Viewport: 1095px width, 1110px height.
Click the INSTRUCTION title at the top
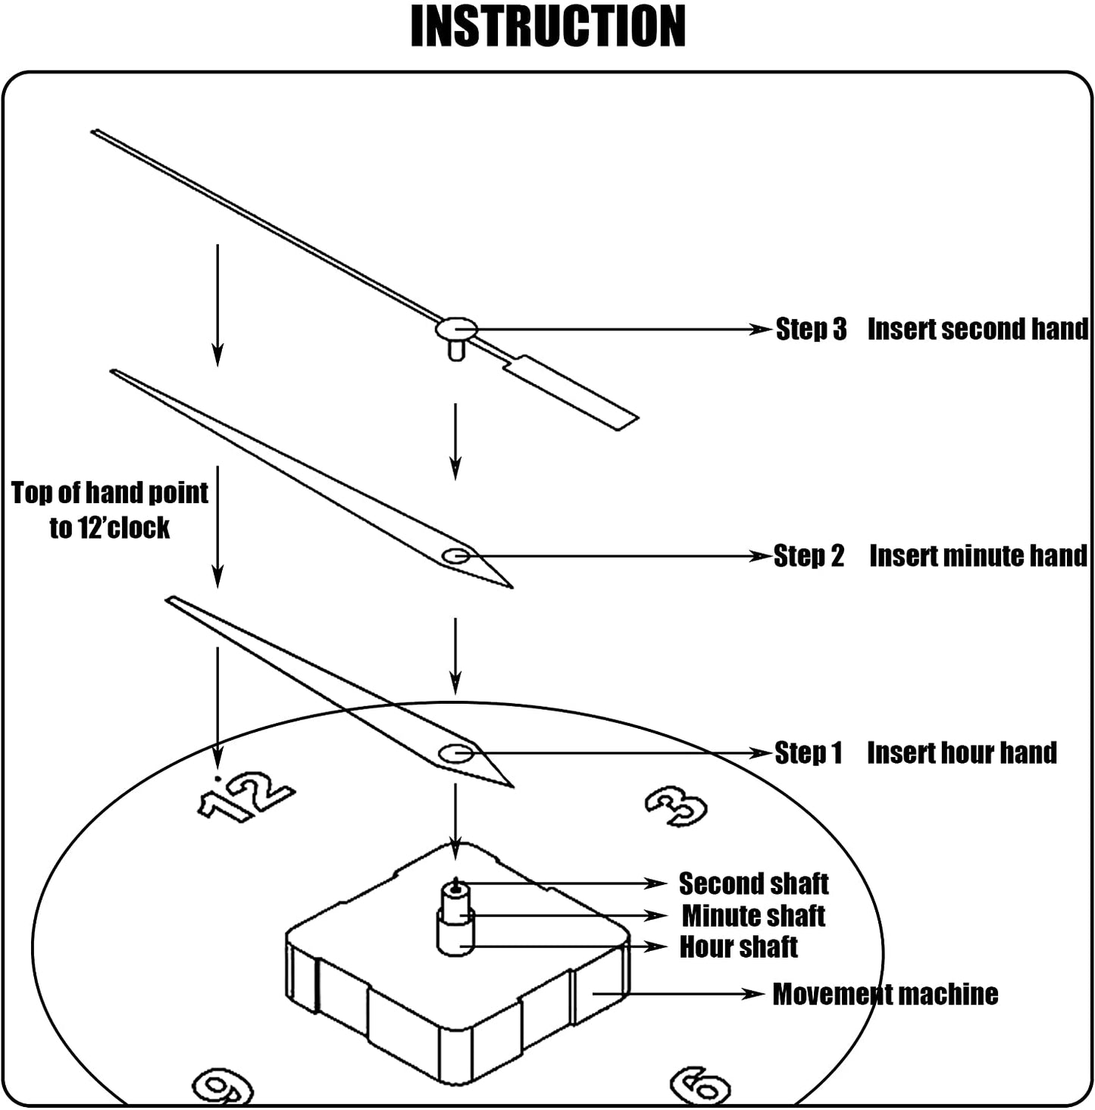[548, 27]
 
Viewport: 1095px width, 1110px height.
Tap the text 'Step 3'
[811, 330]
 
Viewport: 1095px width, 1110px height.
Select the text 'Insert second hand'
[978, 330]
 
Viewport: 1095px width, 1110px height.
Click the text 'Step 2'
[809, 556]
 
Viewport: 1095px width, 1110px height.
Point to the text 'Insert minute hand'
[978, 556]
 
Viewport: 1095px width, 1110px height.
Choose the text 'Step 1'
[809, 753]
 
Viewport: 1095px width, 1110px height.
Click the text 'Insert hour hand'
[962, 753]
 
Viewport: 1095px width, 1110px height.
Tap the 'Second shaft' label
[753, 884]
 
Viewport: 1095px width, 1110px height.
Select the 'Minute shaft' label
[753, 916]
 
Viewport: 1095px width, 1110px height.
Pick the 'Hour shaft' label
[738, 947]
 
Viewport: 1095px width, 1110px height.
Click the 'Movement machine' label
[885, 994]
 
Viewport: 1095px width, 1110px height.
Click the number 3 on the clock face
[676, 806]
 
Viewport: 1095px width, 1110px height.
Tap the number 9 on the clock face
[222, 1087]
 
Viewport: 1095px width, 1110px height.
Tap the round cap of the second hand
[456, 329]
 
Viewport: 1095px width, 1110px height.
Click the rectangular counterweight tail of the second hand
[572, 394]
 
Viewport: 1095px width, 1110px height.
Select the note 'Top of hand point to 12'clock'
[110, 510]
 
